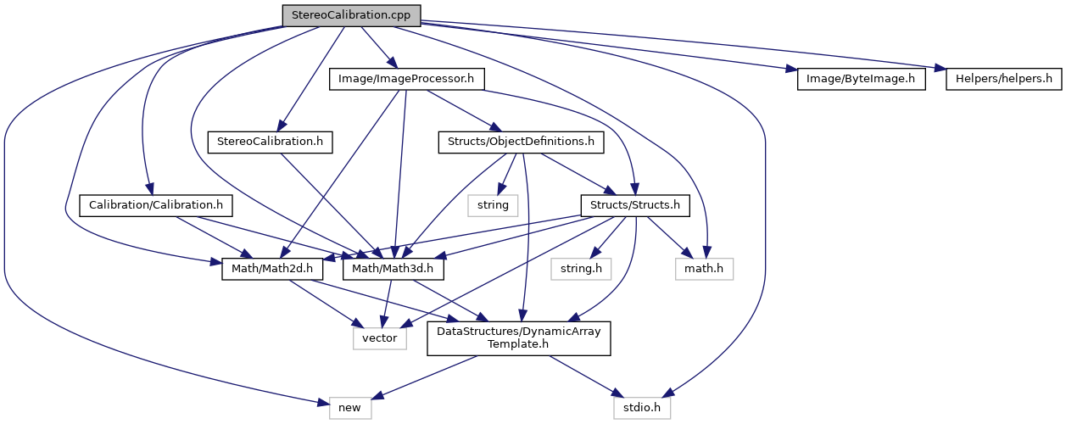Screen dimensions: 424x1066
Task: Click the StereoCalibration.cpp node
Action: (351, 15)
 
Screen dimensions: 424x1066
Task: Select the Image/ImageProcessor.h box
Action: (405, 80)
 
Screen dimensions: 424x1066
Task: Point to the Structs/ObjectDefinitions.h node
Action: (521, 142)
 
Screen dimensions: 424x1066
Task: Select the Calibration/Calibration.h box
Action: (155, 205)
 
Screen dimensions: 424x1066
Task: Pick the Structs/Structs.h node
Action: (634, 205)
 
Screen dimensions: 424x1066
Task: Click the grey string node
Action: (493, 205)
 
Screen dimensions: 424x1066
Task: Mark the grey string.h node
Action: (581, 270)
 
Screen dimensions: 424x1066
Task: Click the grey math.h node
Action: (704, 270)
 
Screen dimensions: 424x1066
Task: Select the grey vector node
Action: (380, 338)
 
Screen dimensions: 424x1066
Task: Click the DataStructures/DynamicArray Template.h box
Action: (519, 338)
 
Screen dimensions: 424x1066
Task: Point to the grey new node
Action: (349, 408)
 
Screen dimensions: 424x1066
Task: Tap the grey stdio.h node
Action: (642, 408)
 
